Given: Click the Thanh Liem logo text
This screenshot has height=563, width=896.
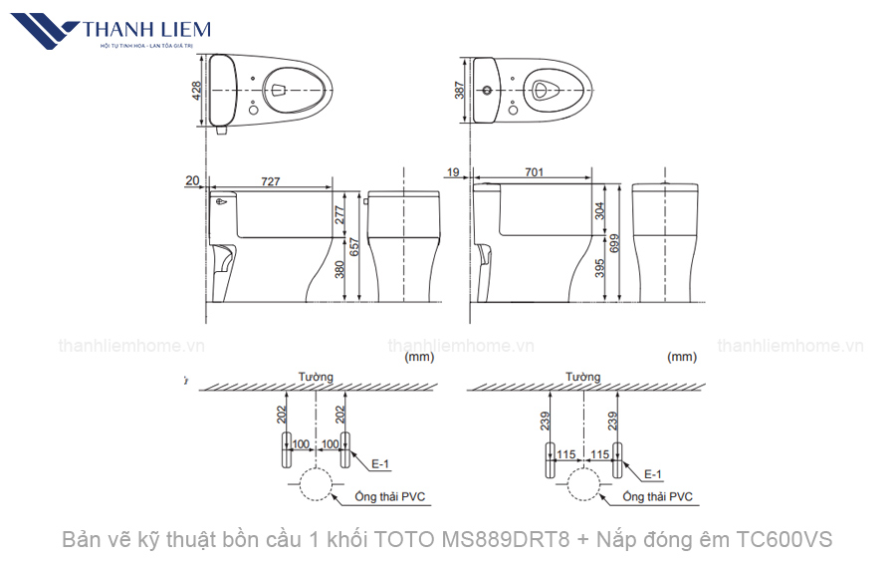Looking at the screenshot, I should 147,28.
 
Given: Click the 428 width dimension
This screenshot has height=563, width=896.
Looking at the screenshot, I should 197,90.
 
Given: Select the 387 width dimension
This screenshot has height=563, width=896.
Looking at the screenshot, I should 460,90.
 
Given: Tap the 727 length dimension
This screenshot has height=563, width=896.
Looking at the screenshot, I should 270,181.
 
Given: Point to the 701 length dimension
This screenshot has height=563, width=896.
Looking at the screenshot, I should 534,172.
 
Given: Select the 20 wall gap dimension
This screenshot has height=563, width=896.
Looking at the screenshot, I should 192,181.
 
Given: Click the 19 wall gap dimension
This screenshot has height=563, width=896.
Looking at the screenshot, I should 454,172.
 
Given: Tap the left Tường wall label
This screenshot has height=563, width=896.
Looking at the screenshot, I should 316,377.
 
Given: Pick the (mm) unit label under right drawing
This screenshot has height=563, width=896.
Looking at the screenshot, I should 681,356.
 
